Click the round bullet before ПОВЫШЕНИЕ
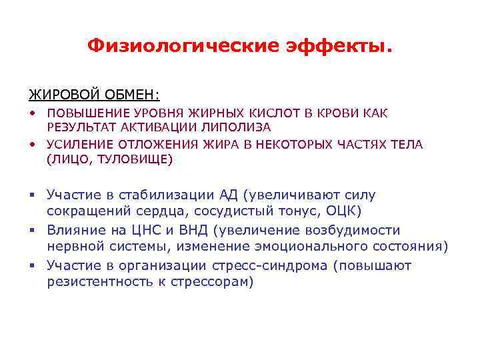[x=31, y=113]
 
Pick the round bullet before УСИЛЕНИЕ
[x=31, y=144]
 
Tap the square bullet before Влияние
[x=31, y=231]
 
